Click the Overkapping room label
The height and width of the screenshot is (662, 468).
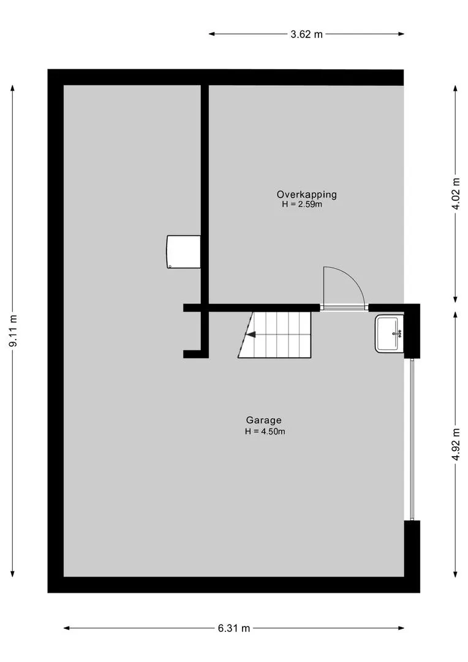[x=306, y=195]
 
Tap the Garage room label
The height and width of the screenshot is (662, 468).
[x=264, y=420]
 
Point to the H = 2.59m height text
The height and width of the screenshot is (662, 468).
[x=302, y=205]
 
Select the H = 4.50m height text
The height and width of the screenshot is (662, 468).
[x=265, y=432]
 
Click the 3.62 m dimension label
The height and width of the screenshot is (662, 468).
[x=306, y=34]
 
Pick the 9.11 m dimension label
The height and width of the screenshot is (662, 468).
[x=13, y=330]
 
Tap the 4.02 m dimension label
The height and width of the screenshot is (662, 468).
[x=456, y=194]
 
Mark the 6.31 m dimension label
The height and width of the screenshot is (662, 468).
[x=234, y=628]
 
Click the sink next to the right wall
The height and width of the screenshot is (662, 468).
[x=389, y=333]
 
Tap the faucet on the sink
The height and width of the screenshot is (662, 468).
[x=398, y=333]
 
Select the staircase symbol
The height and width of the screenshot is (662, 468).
[x=274, y=335]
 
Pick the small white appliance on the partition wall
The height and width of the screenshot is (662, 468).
[x=184, y=252]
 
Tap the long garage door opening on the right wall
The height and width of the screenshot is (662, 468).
[x=412, y=439]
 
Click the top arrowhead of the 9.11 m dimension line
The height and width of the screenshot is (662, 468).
[x=13, y=88]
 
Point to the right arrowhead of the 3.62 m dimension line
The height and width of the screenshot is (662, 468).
[x=401, y=34]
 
